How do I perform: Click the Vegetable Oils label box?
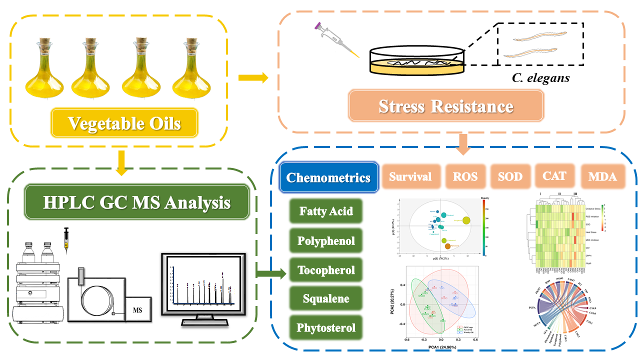124,123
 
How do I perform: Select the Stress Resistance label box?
445,106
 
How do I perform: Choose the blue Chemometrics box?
328,177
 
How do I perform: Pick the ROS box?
465,176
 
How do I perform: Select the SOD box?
510,176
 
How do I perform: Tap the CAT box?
555,175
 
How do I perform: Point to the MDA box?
602,176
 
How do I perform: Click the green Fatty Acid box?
326,211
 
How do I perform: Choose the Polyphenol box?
326,241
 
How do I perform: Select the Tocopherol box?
326,270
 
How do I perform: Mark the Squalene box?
326,299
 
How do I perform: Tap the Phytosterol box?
326,328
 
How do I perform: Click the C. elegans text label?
541,78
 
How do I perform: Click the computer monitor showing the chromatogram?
204,285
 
